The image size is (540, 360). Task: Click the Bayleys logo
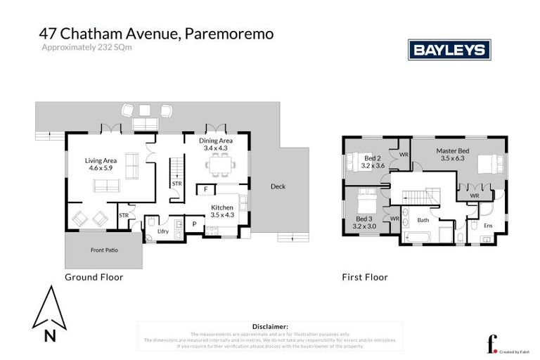click(449, 50)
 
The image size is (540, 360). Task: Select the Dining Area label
click(216, 144)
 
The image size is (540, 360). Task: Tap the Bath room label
click(423, 220)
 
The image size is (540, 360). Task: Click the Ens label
click(488, 225)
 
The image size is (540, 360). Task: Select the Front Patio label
click(103, 250)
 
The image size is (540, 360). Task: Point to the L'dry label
click(162, 231)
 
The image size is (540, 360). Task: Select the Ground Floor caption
click(94, 277)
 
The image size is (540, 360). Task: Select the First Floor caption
click(364, 277)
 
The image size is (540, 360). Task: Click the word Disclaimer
click(270, 326)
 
